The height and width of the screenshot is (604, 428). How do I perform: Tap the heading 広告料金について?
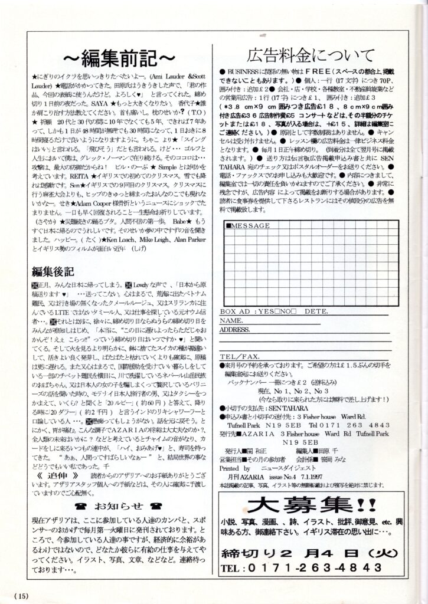[x=312, y=55]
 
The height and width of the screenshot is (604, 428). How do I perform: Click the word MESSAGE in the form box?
[x=249, y=225]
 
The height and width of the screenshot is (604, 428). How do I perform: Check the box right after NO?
[x=293, y=311]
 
